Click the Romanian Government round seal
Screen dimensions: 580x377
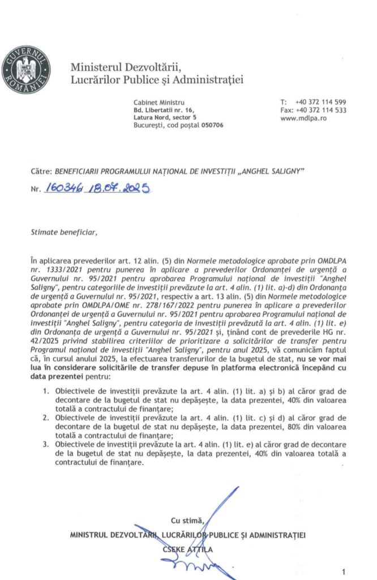25,71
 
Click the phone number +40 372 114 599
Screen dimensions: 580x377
320,101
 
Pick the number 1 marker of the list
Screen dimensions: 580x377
46,391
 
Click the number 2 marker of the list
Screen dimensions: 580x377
46,419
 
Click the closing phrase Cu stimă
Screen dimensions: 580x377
185,521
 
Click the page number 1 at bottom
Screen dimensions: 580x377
359,570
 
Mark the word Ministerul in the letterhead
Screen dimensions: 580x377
93,66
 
